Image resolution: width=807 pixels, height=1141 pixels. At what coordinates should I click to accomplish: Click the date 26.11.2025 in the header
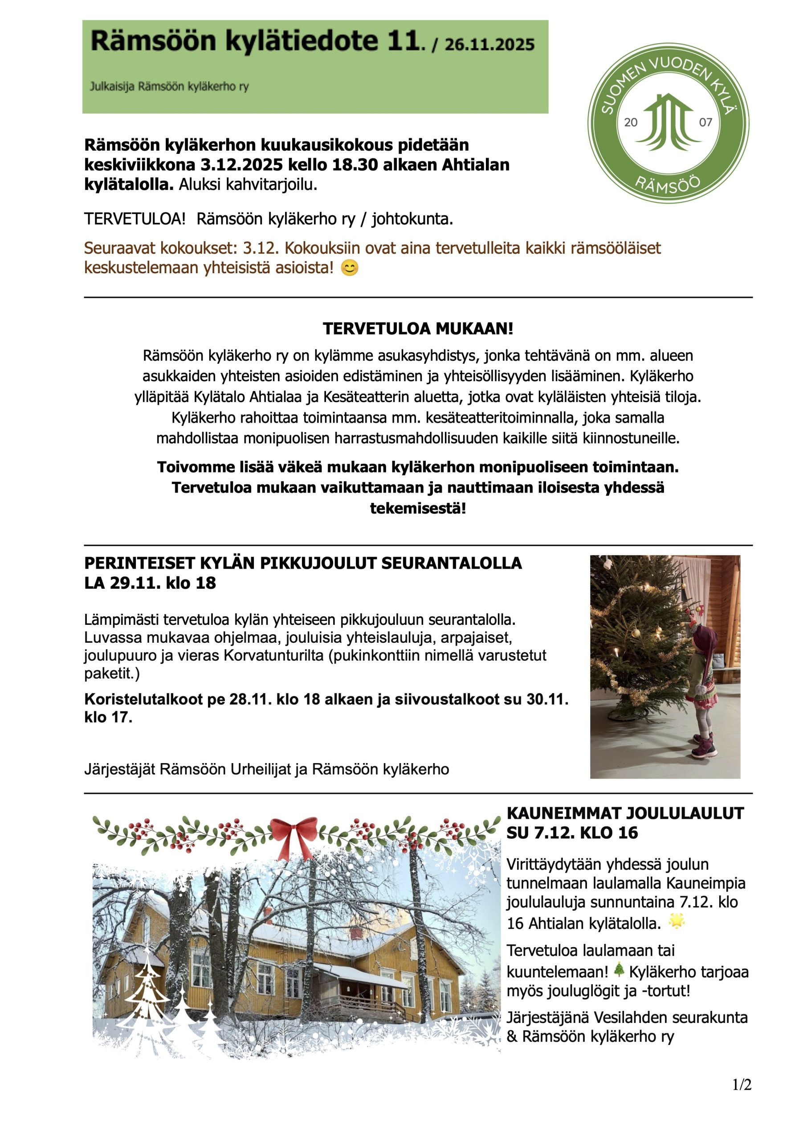pyautogui.click(x=489, y=45)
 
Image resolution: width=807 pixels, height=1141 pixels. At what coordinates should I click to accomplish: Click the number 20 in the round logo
pyautogui.click(x=631, y=122)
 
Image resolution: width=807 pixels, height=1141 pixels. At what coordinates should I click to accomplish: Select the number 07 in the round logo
pyautogui.click(x=705, y=122)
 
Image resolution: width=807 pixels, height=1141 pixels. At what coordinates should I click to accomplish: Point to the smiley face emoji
pyautogui.click(x=349, y=268)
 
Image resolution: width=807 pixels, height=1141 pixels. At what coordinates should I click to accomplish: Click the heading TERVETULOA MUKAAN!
pyautogui.click(x=417, y=328)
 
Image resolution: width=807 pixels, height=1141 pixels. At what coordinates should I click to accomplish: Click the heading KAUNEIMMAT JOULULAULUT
pyautogui.click(x=625, y=813)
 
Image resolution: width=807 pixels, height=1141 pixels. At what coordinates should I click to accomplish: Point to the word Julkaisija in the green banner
pyautogui.click(x=112, y=86)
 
